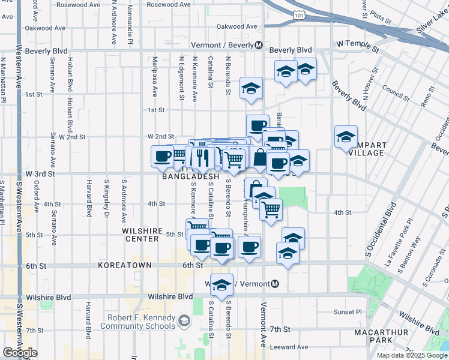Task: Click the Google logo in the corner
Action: [20, 353]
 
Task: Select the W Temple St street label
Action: [358, 44]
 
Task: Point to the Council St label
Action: [395, 92]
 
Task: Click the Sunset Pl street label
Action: [349, 312]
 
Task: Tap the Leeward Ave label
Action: [289, 347]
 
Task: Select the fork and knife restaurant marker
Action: [202, 157]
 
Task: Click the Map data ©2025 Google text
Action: [411, 355]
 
